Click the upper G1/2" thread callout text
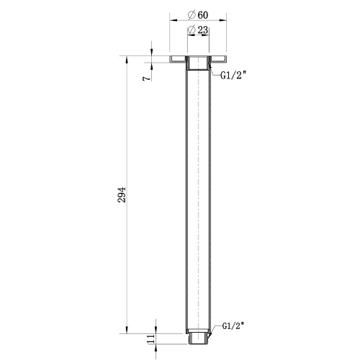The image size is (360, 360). (234, 74)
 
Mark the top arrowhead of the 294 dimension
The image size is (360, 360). (129, 58)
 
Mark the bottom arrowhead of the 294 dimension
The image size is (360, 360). (129, 333)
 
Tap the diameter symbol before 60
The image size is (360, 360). (189, 14)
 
